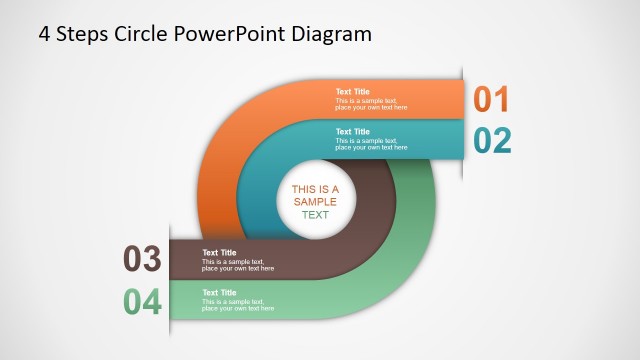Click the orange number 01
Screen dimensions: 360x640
(491, 99)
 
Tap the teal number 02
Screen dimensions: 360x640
(492, 140)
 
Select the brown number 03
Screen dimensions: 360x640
(142, 260)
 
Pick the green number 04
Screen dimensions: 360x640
(142, 301)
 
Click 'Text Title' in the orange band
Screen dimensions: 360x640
(352, 92)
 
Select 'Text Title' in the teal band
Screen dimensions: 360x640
(352, 132)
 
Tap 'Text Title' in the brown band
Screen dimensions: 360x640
(219, 253)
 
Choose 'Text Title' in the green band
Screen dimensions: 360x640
(219, 293)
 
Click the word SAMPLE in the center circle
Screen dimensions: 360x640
(315, 202)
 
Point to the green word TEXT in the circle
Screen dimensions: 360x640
(315, 215)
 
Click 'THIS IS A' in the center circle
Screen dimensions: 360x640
(315, 189)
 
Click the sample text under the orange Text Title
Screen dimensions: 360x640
(371, 104)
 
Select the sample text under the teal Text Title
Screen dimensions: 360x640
(371, 144)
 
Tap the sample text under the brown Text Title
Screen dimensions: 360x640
(238, 265)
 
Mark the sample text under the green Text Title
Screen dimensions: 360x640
(238, 305)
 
